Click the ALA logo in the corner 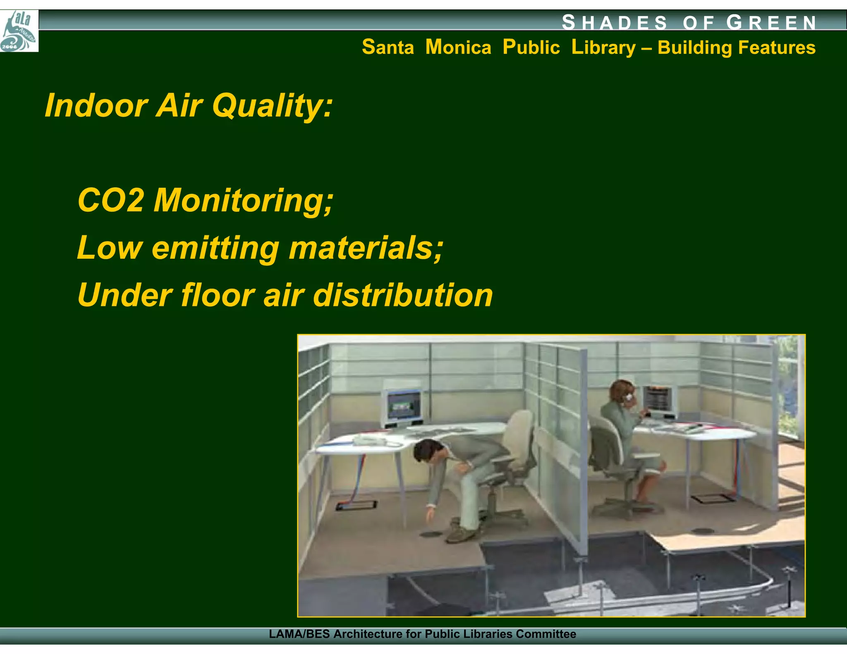click(19, 31)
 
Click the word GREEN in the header click(772, 22)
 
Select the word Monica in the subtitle click(458, 47)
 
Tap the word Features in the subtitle click(776, 47)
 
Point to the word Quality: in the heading click(272, 106)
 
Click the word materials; click(366, 248)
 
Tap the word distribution click(403, 296)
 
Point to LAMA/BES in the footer click(299, 634)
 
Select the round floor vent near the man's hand click(430, 534)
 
